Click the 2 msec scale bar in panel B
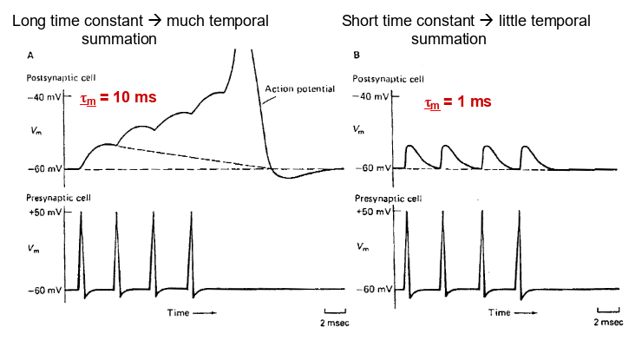607,311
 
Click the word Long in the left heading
30,20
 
